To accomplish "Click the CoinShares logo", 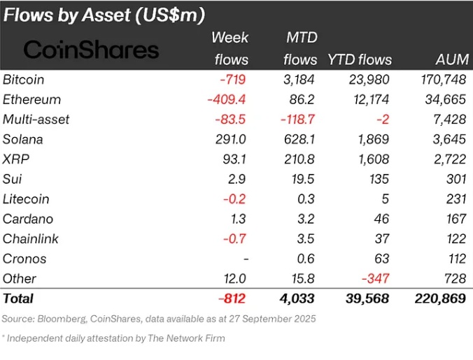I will point(91,50).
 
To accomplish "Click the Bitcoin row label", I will point(24,80).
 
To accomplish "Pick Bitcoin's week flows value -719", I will point(234,80).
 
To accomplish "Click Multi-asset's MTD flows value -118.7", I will point(297,120).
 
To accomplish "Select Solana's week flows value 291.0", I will point(231,139).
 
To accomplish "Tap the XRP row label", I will point(16,159).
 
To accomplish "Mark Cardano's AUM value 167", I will point(455,219).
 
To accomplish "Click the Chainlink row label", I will point(30,238).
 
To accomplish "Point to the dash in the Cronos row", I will point(245,259).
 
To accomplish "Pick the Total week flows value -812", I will point(232,298).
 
